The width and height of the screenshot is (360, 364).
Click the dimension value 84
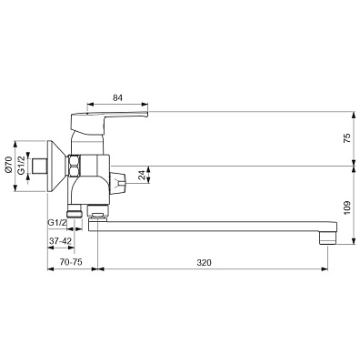click(x=117, y=97)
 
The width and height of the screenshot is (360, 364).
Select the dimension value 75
click(x=347, y=138)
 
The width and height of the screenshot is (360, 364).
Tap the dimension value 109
click(x=347, y=207)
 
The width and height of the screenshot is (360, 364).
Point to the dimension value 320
click(x=204, y=263)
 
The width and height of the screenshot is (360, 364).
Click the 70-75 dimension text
click(x=71, y=262)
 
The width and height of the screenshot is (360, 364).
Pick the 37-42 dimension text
click(x=60, y=241)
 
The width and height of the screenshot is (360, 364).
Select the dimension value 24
click(x=143, y=175)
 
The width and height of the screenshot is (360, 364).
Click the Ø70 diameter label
click(x=8, y=166)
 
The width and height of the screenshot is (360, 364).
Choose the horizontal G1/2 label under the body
click(x=57, y=222)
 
